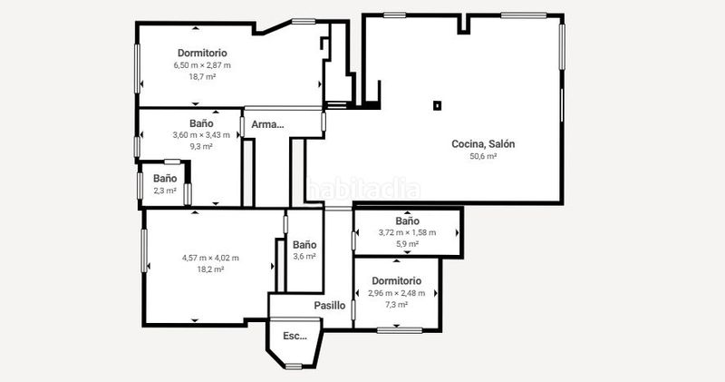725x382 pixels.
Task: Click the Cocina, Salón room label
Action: [x=483, y=144]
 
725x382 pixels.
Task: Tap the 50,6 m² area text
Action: [x=483, y=156]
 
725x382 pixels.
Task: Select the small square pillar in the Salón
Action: [x=437, y=105]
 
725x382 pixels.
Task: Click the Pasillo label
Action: [x=330, y=306]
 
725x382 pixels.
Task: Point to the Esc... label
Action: [x=295, y=336]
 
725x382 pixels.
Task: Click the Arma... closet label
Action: [x=267, y=124]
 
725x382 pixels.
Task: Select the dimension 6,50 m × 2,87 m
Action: [x=202, y=65]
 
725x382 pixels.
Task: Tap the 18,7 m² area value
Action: [x=202, y=77]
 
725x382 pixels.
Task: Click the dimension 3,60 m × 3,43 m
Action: [x=201, y=135]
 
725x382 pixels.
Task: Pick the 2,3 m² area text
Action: [x=165, y=191]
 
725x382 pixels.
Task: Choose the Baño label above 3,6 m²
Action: [x=304, y=244]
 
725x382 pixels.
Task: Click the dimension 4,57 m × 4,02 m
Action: [x=210, y=258]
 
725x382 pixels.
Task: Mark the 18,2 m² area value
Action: [x=210, y=269]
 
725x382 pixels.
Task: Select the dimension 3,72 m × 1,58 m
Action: [x=407, y=232]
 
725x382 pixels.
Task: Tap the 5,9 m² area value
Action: [x=407, y=244]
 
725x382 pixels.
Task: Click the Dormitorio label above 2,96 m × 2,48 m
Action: [x=397, y=281]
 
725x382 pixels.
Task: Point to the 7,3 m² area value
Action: [x=397, y=305]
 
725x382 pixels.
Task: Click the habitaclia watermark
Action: [x=363, y=190]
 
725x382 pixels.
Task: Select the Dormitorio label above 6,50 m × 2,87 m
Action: [x=202, y=54]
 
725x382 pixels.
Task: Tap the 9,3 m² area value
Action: [x=201, y=147]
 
